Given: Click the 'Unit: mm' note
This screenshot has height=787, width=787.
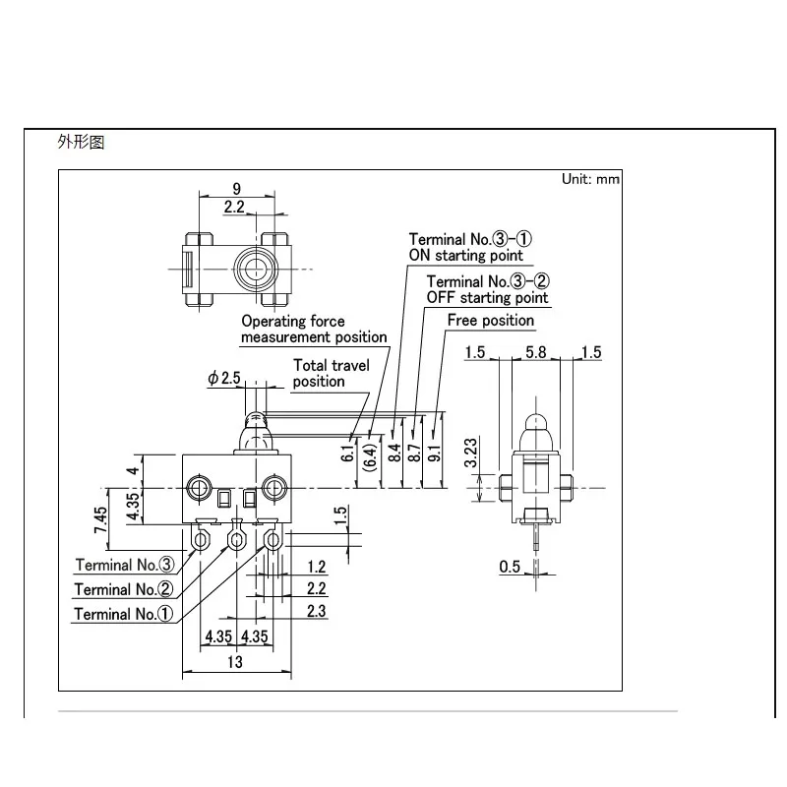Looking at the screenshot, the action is tap(590, 179).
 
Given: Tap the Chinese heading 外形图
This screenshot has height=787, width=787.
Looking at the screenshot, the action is tap(81, 142).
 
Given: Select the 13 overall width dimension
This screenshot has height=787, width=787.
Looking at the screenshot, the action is tap(235, 662).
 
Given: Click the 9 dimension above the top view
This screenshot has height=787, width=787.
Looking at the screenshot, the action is tap(237, 189).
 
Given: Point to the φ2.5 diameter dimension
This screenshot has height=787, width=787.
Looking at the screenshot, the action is tap(224, 378).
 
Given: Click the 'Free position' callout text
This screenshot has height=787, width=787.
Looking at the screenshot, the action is tap(490, 321).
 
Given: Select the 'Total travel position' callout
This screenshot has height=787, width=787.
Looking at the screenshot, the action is tap(332, 373).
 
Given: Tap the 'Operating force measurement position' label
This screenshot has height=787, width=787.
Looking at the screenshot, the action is tap(314, 329).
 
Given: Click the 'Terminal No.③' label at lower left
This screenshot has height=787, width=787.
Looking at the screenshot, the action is tap(125, 565).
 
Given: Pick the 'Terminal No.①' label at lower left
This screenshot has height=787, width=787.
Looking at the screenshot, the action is tap(124, 613).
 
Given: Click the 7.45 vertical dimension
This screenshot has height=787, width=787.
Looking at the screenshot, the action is tap(100, 520).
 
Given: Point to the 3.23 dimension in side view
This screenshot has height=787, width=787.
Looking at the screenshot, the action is tap(470, 453).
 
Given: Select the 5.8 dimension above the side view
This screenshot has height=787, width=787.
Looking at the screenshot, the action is tap(535, 352).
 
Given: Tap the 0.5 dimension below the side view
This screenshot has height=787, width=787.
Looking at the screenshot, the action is tap(510, 567).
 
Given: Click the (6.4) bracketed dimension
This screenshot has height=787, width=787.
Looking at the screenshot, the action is tap(370, 457).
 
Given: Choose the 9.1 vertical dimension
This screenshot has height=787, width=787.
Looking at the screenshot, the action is tap(435, 454).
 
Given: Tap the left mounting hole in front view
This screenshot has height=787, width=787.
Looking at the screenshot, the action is tap(200, 487).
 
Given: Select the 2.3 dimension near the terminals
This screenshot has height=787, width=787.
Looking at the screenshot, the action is tap(316, 611).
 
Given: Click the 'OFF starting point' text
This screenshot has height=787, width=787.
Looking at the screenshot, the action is tap(487, 298).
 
